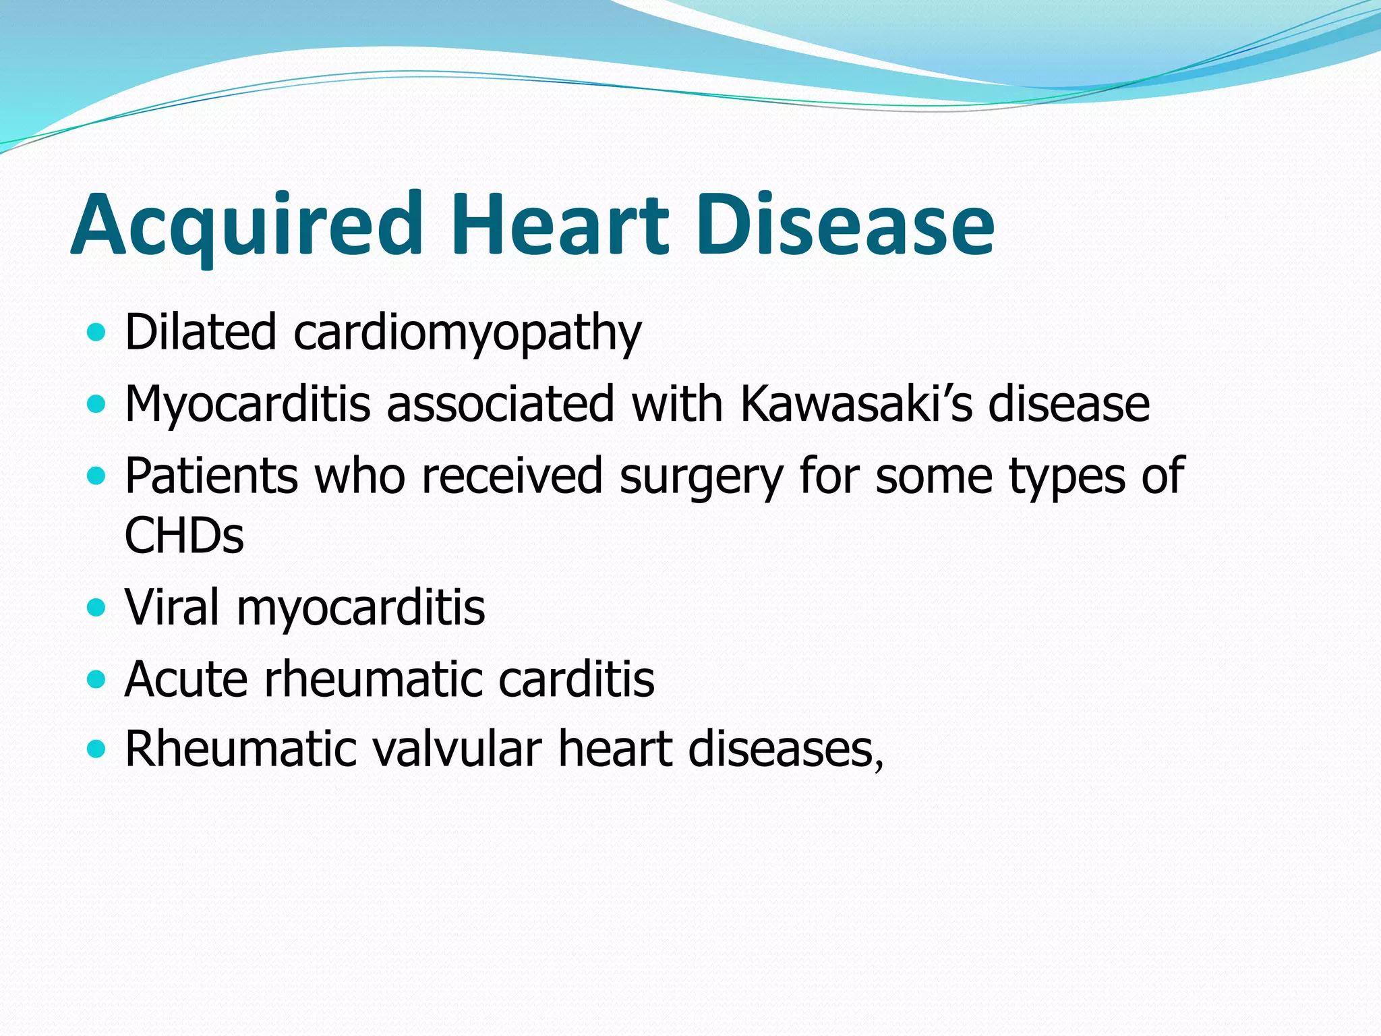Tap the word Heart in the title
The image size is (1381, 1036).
coord(560,224)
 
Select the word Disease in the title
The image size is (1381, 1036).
coord(846,224)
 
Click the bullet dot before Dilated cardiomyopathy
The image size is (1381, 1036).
coord(97,333)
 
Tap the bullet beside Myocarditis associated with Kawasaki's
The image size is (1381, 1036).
coord(97,404)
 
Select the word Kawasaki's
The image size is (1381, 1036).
coord(856,404)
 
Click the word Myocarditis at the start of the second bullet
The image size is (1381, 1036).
coord(247,404)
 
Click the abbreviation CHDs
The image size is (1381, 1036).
coord(184,536)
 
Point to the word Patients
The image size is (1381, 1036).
coord(211,476)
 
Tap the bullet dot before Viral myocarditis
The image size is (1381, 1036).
coord(97,608)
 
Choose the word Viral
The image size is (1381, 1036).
coord(172,608)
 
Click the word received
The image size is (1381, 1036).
coord(512,476)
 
